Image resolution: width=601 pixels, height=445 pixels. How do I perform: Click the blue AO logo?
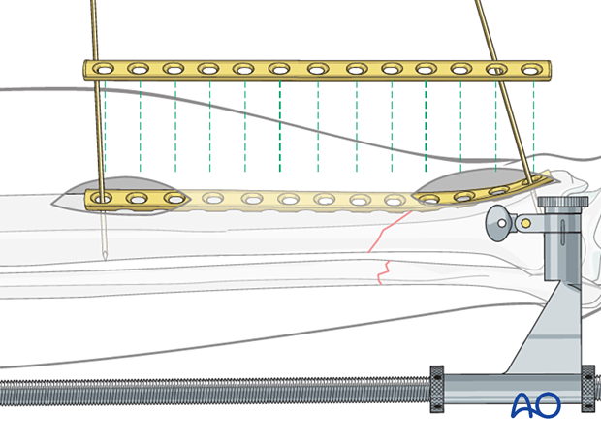[536, 404]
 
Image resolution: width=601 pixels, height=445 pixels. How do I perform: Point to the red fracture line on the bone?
[381, 254]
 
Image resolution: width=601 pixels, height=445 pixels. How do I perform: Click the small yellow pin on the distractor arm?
[525, 223]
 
